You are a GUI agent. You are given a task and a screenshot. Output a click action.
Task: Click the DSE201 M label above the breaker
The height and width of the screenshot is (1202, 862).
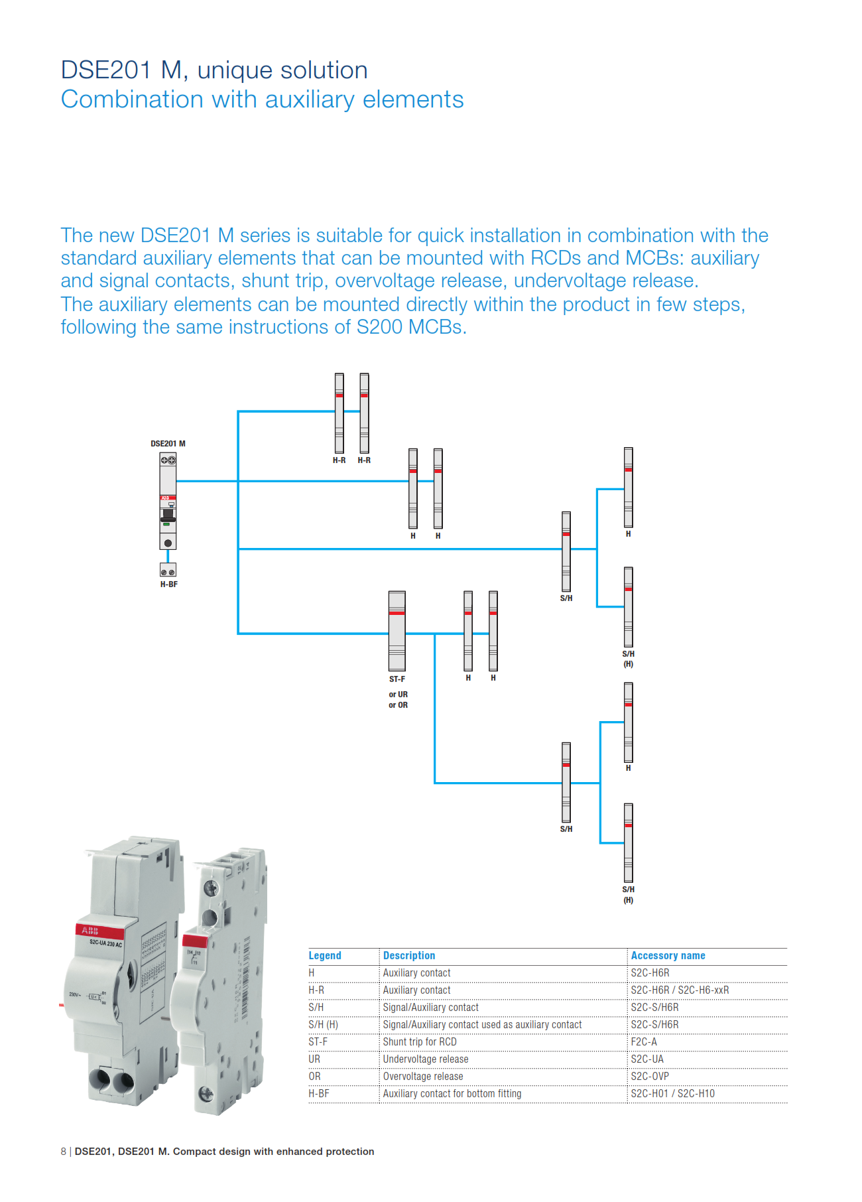(168, 443)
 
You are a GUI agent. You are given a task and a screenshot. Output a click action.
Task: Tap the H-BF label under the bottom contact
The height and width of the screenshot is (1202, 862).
(168, 584)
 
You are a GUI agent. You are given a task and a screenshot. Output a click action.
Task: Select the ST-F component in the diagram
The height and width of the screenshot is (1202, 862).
(397, 631)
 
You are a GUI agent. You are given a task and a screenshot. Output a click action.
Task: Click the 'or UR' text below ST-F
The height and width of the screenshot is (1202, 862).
(398, 695)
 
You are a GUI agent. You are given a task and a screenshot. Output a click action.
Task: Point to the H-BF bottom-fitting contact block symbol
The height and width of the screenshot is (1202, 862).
(168, 570)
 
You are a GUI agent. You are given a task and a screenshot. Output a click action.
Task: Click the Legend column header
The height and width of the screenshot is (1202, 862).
(325, 955)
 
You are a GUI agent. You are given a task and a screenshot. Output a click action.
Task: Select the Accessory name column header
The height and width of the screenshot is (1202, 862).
(668, 955)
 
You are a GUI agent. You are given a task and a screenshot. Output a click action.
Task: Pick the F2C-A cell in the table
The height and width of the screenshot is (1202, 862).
(643, 1041)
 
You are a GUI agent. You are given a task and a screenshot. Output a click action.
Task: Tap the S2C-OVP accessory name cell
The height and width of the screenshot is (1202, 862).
(649, 1076)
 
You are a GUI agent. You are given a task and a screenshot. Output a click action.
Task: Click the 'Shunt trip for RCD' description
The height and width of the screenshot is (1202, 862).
(420, 1041)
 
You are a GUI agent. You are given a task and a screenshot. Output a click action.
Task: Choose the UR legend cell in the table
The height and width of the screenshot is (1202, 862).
(314, 1059)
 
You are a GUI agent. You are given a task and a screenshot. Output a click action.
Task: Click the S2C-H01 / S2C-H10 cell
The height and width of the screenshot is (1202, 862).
(672, 1093)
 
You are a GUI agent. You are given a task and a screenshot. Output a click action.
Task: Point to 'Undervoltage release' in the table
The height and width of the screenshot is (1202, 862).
(426, 1059)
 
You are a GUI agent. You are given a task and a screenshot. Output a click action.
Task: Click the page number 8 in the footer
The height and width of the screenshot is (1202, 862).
(64, 1152)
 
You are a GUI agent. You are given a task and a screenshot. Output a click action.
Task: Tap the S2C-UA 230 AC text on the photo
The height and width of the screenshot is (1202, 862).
(105, 943)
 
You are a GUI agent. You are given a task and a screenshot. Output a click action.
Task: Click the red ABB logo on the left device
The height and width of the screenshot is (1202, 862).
(90, 931)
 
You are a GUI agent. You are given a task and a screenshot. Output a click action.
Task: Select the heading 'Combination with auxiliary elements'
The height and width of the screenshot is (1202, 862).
(262, 100)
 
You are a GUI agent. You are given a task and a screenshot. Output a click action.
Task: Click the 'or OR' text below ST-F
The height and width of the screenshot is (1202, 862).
(398, 705)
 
